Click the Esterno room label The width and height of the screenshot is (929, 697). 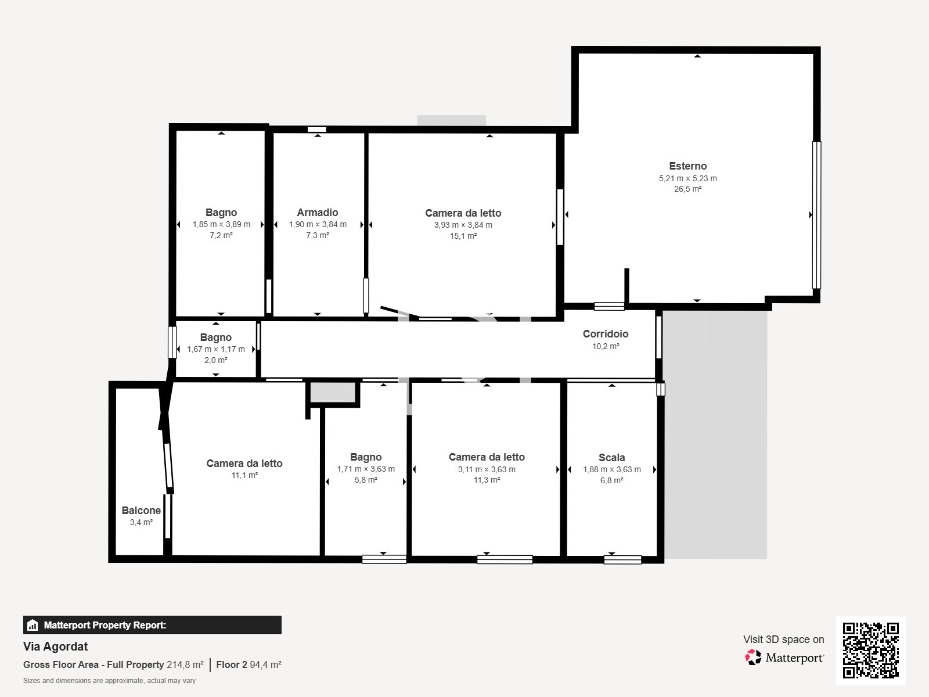click(x=688, y=166)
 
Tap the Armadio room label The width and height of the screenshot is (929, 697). click(x=318, y=213)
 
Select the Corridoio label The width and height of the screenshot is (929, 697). click(x=605, y=334)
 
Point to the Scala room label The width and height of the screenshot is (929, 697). click(x=611, y=458)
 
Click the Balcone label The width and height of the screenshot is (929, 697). click(x=141, y=511)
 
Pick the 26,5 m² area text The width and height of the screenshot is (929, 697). click(x=688, y=189)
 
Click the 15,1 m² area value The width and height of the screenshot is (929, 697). click(x=463, y=236)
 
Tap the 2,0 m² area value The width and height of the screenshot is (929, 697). click(x=216, y=360)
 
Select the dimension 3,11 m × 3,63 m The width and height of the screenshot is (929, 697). click(x=487, y=469)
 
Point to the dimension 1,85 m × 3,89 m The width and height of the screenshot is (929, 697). click(x=221, y=224)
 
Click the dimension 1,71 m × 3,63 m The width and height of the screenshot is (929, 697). click(x=366, y=469)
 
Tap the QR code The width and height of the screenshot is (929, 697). click(x=870, y=651)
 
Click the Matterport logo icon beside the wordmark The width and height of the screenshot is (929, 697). click(x=753, y=658)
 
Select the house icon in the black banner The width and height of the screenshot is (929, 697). click(x=33, y=625)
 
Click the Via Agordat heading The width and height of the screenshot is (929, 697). click(x=55, y=646)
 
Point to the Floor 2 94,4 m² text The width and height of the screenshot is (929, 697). click(x=249, y=665)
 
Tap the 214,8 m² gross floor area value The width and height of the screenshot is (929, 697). click(x=185, y=665)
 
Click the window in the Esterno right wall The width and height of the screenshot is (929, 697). click(x=816, y=215)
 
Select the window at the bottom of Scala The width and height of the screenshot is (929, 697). click(x=622, y=560)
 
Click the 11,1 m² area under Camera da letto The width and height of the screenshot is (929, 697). click(x=244, y=475)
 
